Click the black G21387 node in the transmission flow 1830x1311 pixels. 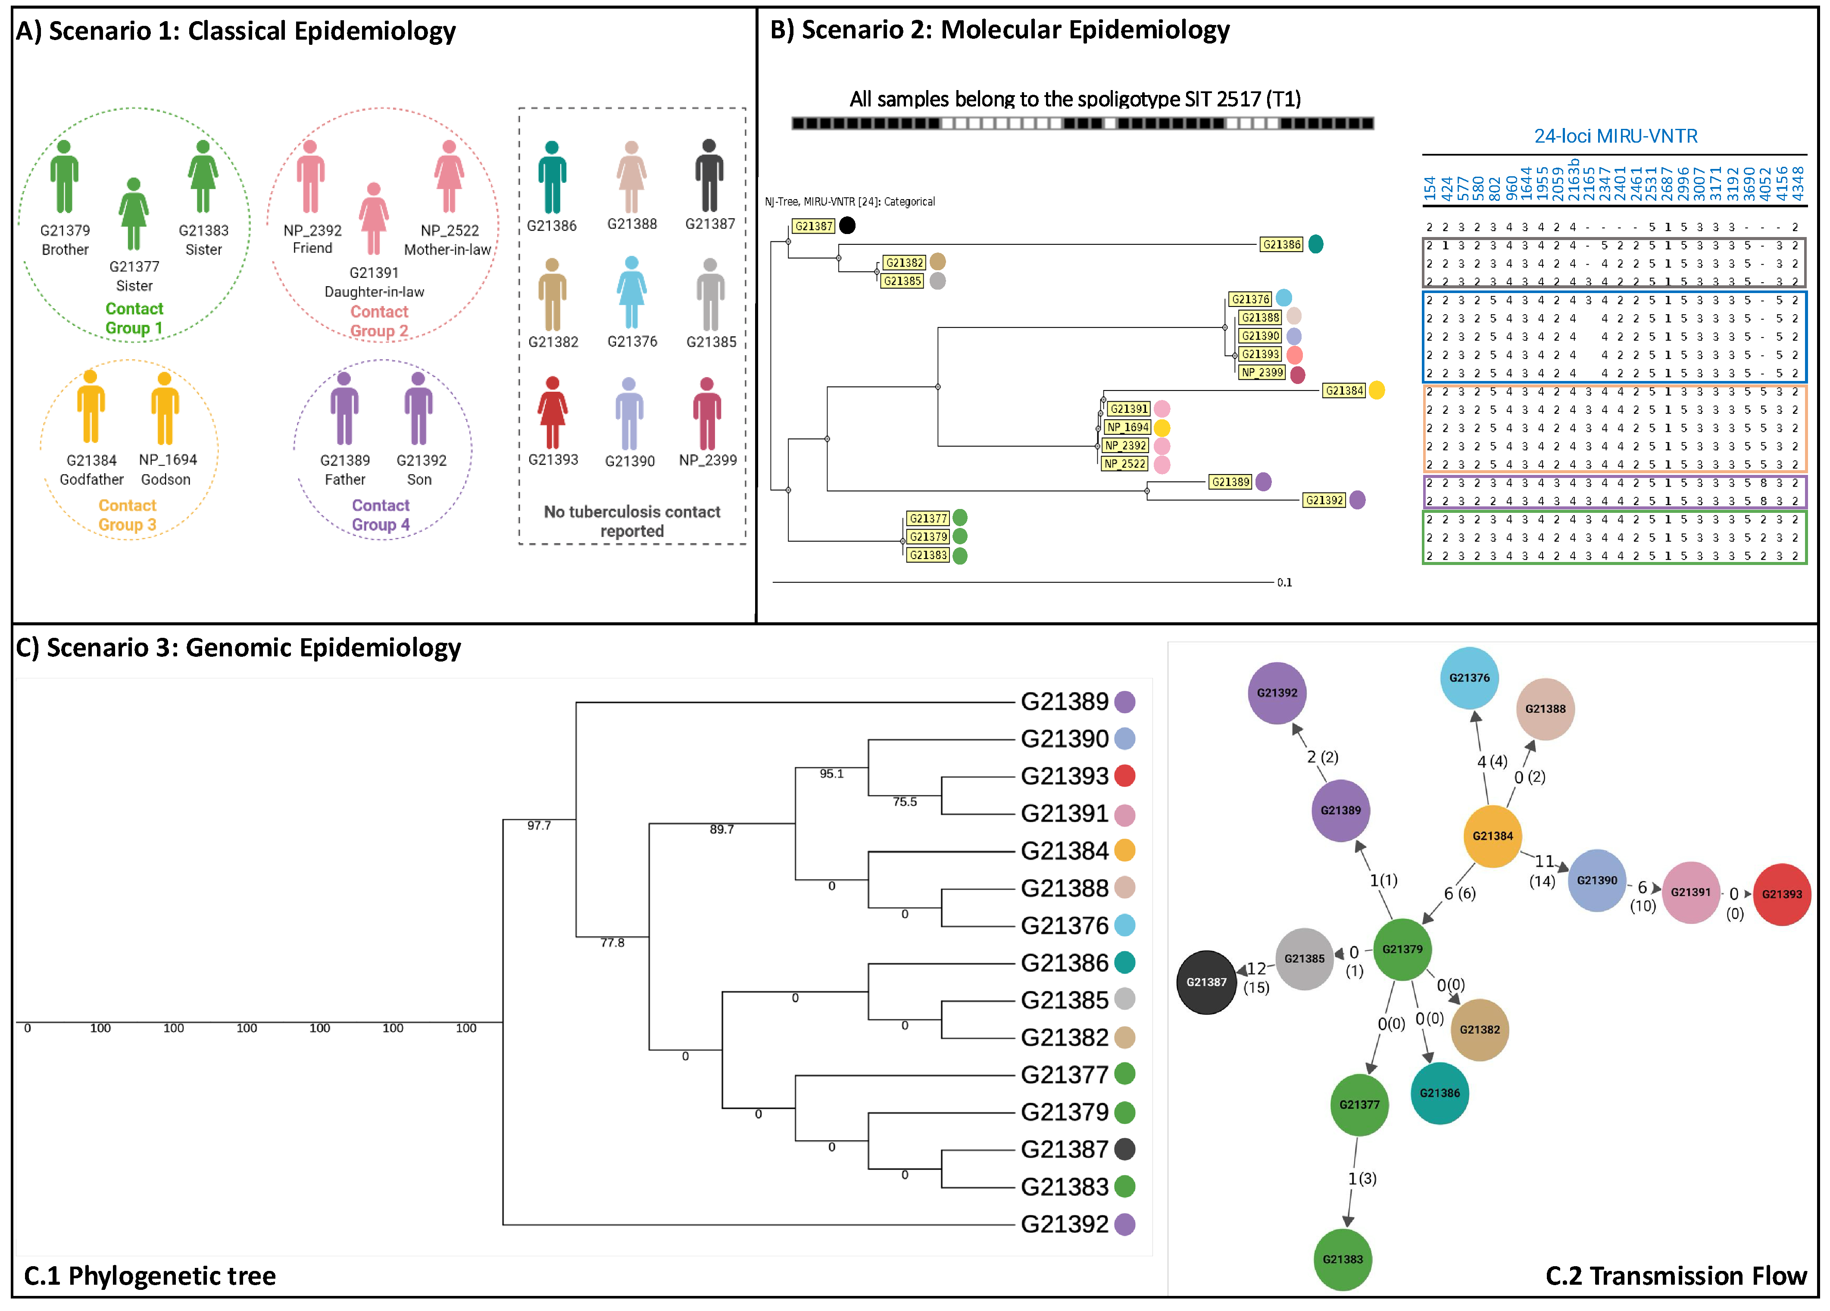coord(1206,982)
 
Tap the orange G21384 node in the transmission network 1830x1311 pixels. coord(1492,836)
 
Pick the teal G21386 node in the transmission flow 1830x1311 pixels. coord(1440,1093)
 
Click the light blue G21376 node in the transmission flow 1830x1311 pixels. coord(1468,677)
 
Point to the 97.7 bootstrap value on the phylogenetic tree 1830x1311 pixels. coord(539,825)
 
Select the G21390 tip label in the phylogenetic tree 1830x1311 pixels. coord(1064,738)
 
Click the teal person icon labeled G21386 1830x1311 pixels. coord(552,178)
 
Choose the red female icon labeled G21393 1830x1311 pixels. coord(553,412)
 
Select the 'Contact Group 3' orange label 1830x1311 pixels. coord(128,515)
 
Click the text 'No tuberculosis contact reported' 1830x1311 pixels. coord(632,521)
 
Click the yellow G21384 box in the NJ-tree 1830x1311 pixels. coord(1343,390)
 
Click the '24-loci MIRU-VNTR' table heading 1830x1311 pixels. coord(1615,135)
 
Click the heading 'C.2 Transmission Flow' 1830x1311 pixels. coord(1675,1276)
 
